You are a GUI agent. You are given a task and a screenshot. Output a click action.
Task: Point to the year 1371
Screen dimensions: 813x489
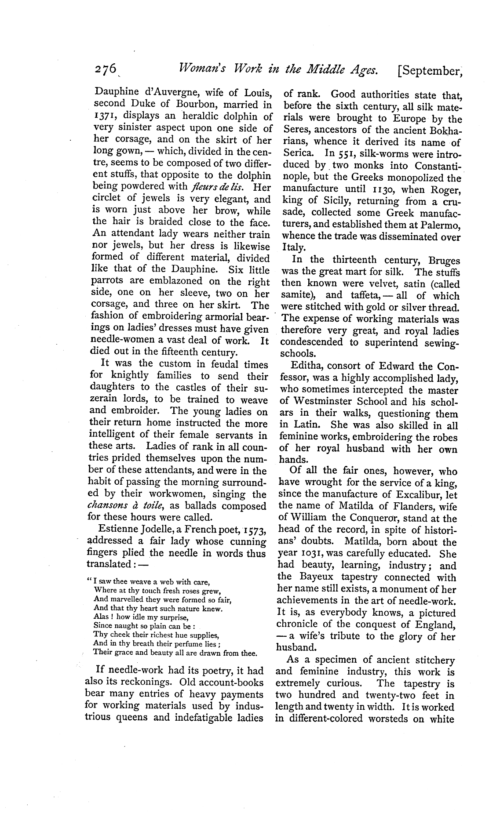pyautogui.click(x=106, y=116)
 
